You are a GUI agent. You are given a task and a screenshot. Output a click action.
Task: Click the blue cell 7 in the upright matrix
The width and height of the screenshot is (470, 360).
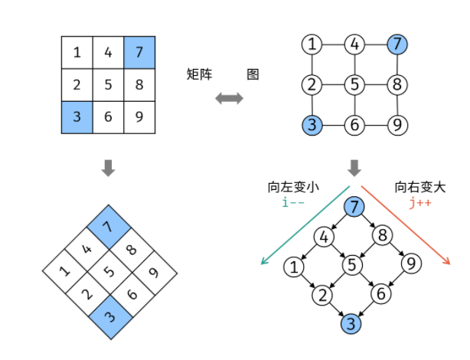point(139,53)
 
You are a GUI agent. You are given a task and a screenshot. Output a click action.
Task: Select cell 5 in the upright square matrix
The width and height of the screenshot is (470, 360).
point(108,84)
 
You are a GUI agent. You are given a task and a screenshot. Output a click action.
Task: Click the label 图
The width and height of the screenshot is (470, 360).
point(253,74)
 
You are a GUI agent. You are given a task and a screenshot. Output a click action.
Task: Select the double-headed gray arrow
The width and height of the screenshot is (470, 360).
point(229,98)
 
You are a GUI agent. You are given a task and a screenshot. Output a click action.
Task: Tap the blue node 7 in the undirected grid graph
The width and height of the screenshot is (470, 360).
point(396,44)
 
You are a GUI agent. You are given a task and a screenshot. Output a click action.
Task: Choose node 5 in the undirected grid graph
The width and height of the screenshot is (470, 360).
point(353,84)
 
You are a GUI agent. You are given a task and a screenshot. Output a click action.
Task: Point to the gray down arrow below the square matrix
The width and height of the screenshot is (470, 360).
point(108,168)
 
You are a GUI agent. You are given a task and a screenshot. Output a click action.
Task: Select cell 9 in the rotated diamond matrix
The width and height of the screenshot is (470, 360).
point(153,271)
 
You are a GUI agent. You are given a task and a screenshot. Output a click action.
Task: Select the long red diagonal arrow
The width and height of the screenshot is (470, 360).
point(406,226)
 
